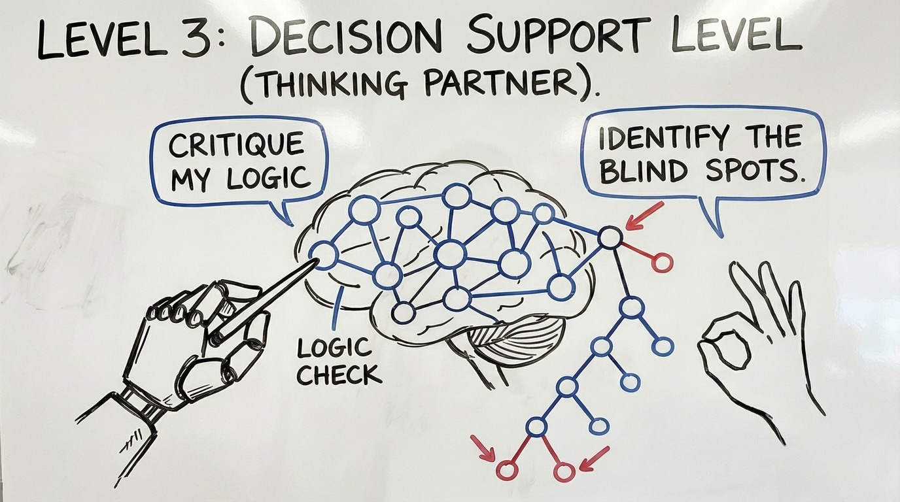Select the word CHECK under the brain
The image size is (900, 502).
click(339, 375)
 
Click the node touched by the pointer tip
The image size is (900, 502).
click(323, 255)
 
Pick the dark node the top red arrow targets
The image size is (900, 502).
click(610, 237)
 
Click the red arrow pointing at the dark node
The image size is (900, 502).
click(644, 216)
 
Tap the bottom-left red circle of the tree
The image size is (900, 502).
click(507, 470)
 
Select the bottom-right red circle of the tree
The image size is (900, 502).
click(564, 471)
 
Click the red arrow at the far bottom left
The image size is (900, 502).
click(483, 448)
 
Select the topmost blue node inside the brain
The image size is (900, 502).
click(457, 196)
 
